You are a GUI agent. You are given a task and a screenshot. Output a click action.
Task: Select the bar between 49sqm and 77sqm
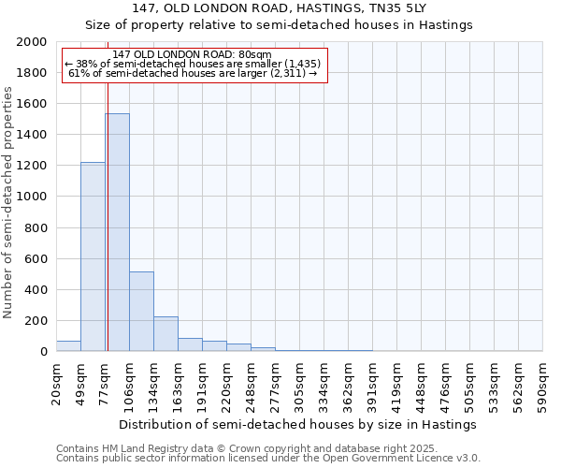[x=93, y=256]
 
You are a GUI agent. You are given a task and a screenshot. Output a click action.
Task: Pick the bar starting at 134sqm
[x=165, y=333]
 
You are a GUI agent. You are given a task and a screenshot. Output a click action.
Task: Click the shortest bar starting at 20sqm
[x=68, y=346]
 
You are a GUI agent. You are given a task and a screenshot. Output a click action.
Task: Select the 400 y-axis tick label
[x=36, y=290]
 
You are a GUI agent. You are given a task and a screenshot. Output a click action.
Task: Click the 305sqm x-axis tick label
[x=300, y=384]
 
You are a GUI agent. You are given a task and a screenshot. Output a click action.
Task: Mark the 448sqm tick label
[x=422, y=384]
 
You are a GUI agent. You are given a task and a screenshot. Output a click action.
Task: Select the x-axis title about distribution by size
[x=298, y=424]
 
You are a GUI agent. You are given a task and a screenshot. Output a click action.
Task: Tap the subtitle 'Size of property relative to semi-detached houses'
[x=279, y=24]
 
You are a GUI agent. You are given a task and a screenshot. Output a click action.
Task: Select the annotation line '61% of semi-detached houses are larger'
[x=194, y=73]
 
